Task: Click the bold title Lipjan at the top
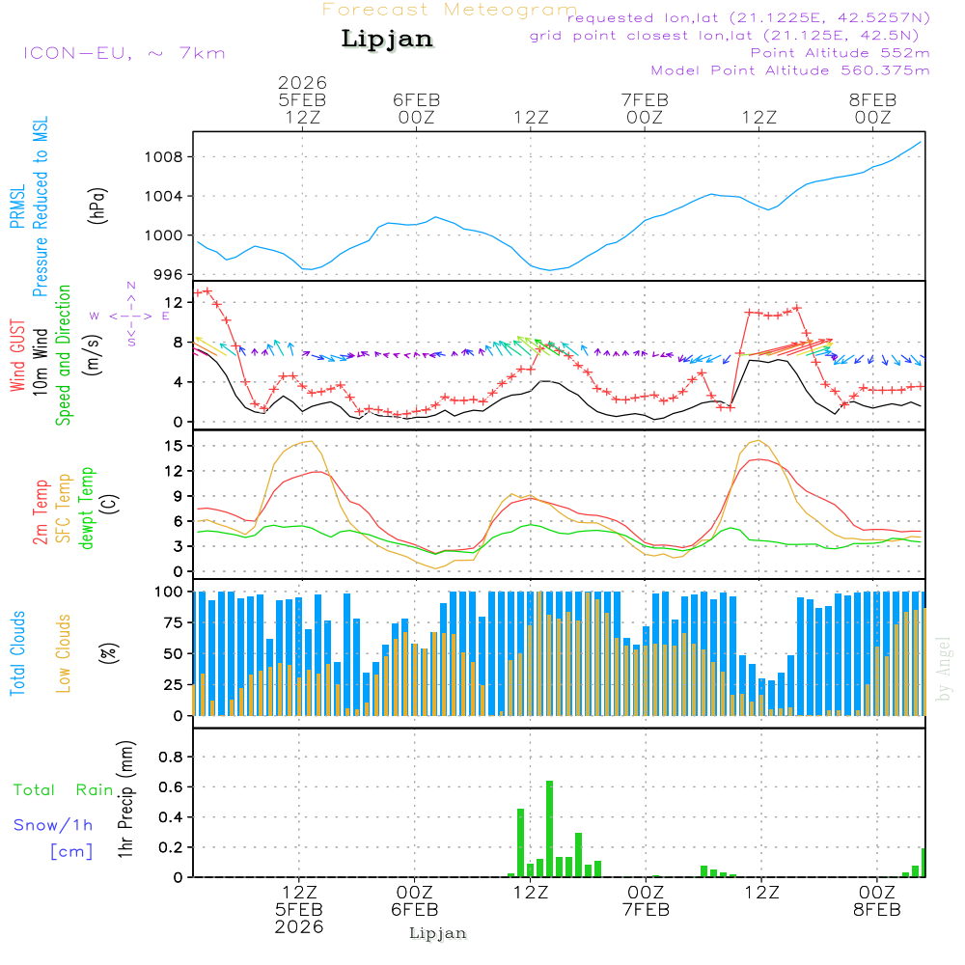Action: (387, 40)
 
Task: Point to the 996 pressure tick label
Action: (173, 275)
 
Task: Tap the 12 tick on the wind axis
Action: (175, 302)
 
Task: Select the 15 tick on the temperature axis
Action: (175, 446)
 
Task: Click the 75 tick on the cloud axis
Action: (175, 622)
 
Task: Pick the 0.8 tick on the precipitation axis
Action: (171, 758)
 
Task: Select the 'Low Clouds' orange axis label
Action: (64, 652)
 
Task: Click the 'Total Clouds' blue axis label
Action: (17, 653)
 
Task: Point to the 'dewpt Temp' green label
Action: (87, 509)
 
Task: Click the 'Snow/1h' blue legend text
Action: (54, 825)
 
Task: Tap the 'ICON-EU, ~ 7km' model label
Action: (124, 53)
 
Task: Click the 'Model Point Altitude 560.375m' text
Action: (790, 70)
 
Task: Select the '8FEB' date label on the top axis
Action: (872, 99)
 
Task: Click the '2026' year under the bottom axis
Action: (299, 926)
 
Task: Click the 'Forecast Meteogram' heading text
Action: (450, 10)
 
